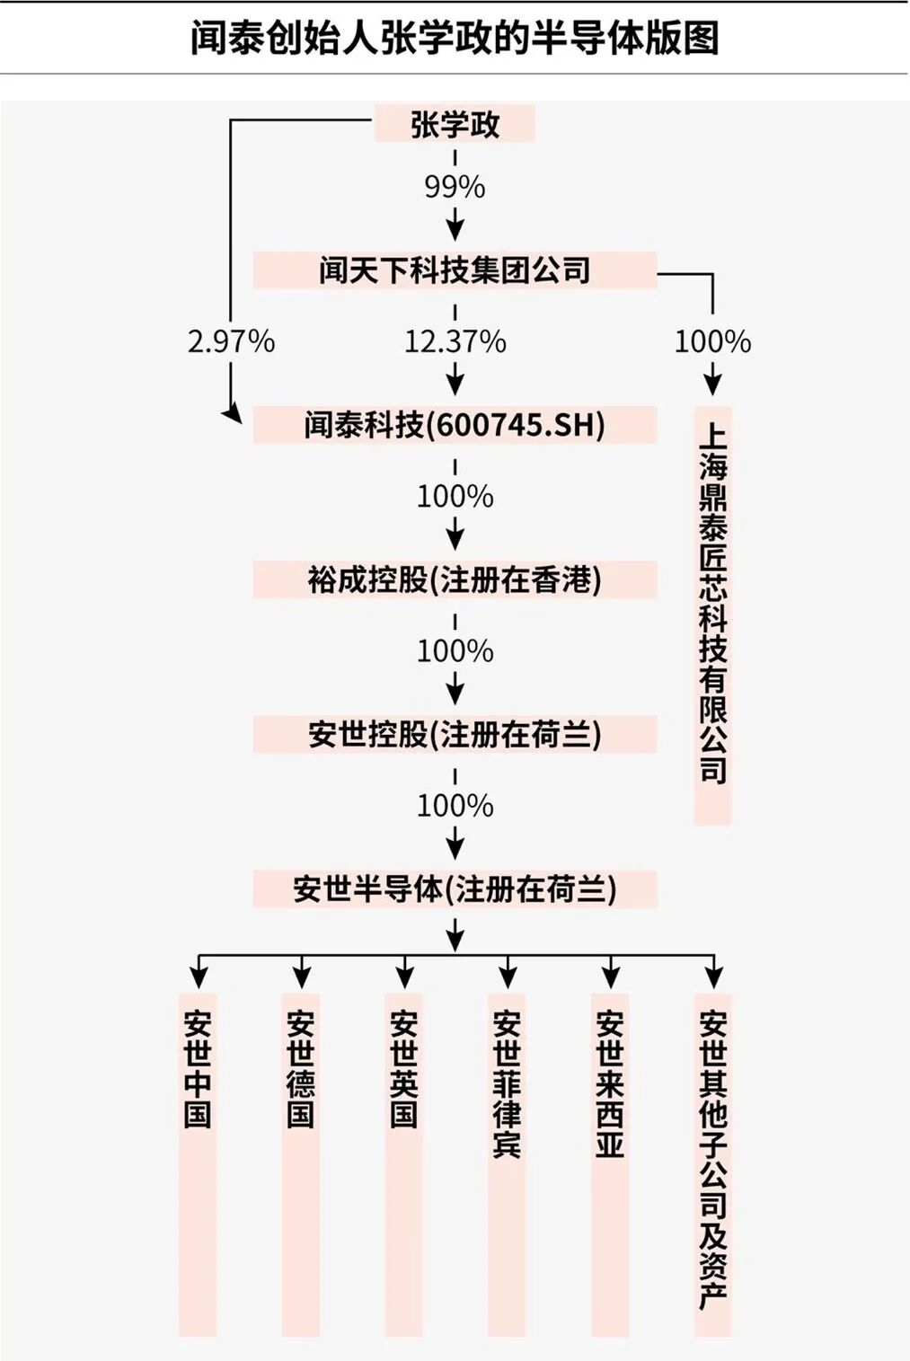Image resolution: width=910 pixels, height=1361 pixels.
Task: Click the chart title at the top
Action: click(x=455, y=39)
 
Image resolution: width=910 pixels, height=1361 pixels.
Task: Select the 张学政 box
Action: click(x=455, y=124)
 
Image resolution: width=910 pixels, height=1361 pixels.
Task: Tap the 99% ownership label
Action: click(x=455, y=187)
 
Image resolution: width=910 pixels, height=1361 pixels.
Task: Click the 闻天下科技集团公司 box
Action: click(x=455, y=270)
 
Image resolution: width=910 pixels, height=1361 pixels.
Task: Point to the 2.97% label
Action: click(x=231, y=341)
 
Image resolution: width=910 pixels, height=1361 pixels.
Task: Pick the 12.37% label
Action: click(x=455, y=341)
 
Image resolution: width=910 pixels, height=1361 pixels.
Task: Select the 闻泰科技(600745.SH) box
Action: click(x=455, y=425)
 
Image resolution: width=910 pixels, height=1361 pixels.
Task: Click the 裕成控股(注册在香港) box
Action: click(x=455, y=579)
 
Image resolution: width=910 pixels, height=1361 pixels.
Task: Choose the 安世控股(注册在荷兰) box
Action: click(x=455, y=734)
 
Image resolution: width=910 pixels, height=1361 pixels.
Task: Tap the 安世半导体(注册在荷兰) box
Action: click(x=455, y=889)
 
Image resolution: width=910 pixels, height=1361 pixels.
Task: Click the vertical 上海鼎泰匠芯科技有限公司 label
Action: click(x=712, y=615)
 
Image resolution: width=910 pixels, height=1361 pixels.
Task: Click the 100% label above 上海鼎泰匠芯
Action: click(x=712, y=341)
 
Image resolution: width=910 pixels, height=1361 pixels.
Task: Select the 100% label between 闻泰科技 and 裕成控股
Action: click(x=455, y=497)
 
